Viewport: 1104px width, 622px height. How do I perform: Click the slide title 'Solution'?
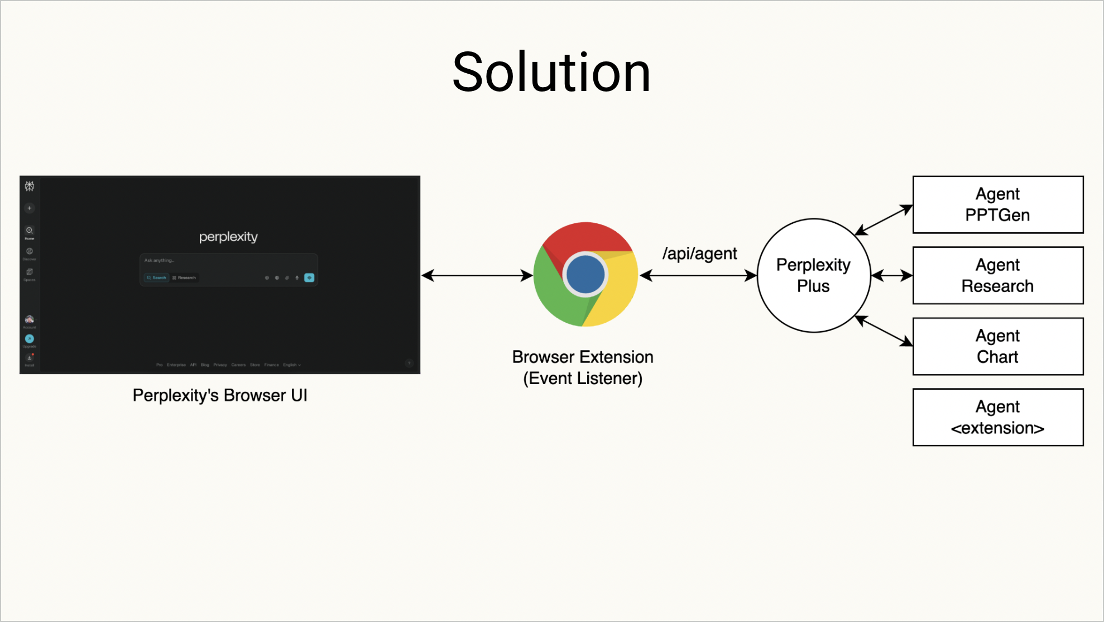[x=551, y=73]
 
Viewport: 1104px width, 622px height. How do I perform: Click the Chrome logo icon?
[x=585, y=274]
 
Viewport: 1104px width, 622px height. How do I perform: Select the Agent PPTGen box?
[x=997, y=204]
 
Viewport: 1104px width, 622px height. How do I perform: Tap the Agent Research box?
[x=997, y=275]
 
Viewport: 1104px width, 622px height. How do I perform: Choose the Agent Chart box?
[x=997, y=346]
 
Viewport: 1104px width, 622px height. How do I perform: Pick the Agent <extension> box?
[x=997, y=417]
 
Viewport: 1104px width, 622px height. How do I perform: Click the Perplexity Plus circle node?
[x=813, y=275]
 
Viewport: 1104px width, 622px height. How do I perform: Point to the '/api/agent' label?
[x=699, y=253]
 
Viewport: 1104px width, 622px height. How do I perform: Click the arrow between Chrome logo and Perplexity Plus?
[x=698, y=275]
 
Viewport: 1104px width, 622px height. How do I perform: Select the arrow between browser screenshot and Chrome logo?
[x=477, y=275]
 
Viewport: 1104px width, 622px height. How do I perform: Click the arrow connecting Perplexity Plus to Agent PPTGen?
[x=884, y=220]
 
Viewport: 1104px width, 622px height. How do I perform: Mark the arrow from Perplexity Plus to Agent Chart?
[x=884, y=331]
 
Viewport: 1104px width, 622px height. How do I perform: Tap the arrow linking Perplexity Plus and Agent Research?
[x=891, y=275]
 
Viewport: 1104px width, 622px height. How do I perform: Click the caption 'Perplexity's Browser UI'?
[x=220, y=395]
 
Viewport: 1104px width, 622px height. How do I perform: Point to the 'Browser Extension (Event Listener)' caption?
[x=583, y=367]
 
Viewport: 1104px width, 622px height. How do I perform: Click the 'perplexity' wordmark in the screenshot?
[x=228, y=237]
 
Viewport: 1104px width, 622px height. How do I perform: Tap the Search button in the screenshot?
[x=157, y=277]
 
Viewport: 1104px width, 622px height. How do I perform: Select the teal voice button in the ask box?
[x=309, y=277]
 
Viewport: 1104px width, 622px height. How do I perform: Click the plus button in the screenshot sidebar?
[x=30, y=208]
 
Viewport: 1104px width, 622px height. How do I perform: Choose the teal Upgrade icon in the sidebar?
[x=30, y=339]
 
